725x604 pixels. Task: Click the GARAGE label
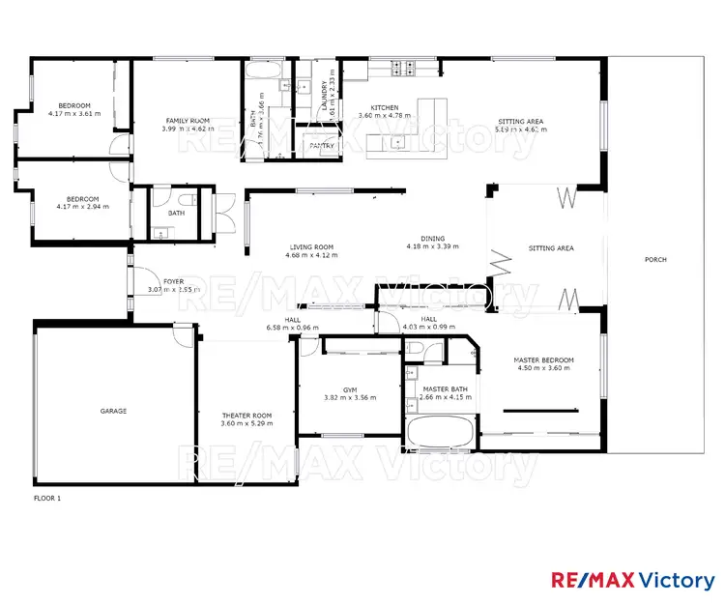[x=113, y=411]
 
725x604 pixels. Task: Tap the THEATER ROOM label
[x=247, y=416]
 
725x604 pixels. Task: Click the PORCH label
[x=655, y=259]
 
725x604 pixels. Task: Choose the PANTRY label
[x=321, y=146]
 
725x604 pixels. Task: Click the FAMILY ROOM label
[x=182, y=120]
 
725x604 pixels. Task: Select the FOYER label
[x=173, y=281]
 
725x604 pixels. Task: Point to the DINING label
[x=432, y=239]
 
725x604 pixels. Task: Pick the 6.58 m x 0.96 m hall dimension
[x=293, y=328]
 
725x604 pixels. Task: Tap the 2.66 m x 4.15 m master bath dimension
[x=445, y=397]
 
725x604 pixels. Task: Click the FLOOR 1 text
[x=47, y=499]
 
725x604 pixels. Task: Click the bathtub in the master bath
[x=441, y=432]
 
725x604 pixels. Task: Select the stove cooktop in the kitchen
[x=402, y=68]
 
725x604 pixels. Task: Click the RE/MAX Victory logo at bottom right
[x=633, y=580]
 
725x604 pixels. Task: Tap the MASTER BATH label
[x=445, y=388]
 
